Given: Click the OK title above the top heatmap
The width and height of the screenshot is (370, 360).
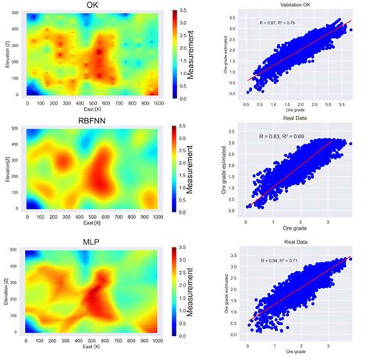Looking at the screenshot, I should click(91, 5).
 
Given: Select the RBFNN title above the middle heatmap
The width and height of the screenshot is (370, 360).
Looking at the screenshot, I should click(91, 122).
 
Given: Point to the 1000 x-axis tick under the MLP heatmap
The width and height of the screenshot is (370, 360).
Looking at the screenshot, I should click(157, 341).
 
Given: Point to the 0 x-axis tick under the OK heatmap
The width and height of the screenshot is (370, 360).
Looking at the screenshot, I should click(27, 103).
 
